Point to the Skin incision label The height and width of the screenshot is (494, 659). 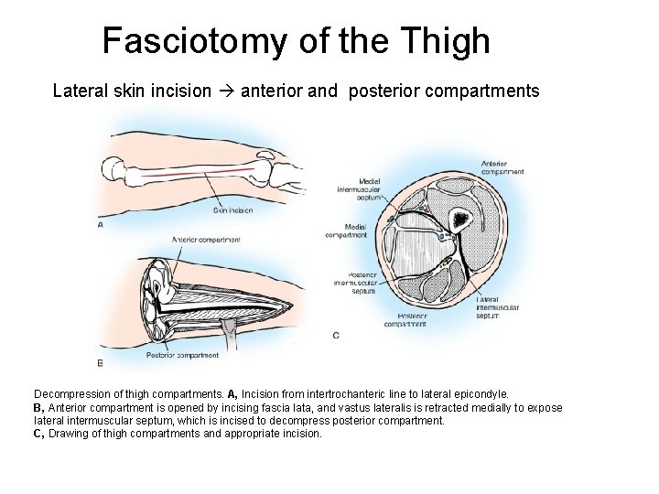tap(232, 209)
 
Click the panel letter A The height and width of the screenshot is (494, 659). tap(99, 224)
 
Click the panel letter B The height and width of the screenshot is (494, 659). tap(99, 363)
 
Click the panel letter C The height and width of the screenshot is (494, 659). tap(335, 335)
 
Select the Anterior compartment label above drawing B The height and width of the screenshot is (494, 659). tap(206, 240)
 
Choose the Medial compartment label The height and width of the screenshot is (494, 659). tap(346, 230)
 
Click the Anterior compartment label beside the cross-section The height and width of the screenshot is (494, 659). tap(502, 167)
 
